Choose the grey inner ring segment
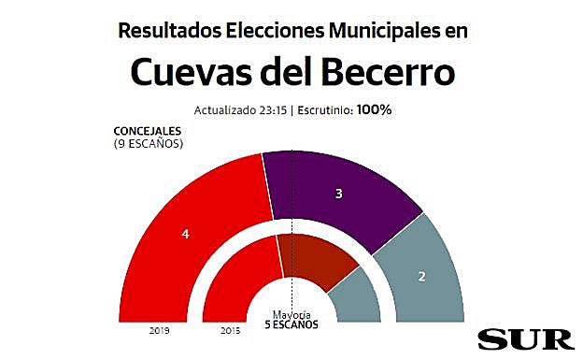[353, 299]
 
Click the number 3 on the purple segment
[339, 194]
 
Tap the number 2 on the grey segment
[421, 277]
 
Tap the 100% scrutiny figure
[375, 109]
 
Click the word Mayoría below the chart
[291, 314]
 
